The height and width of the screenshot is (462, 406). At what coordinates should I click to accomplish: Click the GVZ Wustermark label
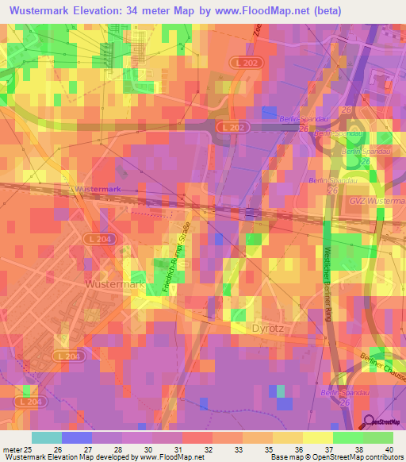[377, 202]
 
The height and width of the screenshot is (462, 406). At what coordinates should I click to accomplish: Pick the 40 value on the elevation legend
[389, 449]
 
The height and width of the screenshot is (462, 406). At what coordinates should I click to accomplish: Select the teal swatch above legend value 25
[46, 437]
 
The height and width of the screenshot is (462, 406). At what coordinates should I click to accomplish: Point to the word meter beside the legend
[12, 449]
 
